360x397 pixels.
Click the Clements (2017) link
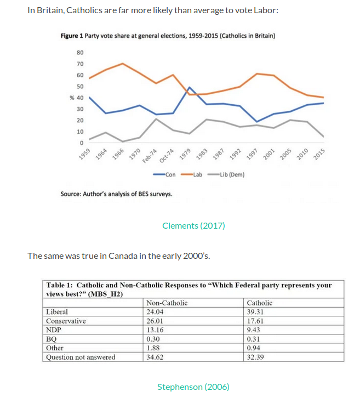click(193, 225)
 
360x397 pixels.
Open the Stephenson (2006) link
click(193, 387)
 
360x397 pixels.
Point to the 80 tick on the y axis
click(80, 53)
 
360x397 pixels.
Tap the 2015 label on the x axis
click(319, 154)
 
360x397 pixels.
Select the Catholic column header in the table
click(260, 303)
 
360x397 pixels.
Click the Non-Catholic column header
click(167, 303)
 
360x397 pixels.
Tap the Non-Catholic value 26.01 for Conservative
click(157, 321)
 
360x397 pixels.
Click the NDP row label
click(53, 330)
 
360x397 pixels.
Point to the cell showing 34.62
click(157, 357)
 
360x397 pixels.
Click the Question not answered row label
click(81, 357)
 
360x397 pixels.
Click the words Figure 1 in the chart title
click(71, 36)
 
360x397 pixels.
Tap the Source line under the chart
click(116, 194)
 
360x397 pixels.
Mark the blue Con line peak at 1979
click(189, 87)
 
